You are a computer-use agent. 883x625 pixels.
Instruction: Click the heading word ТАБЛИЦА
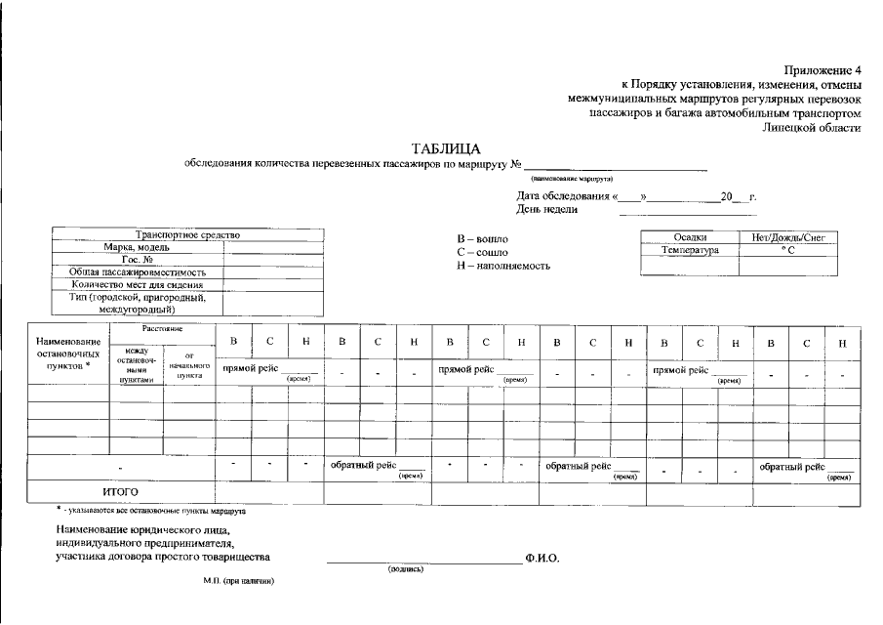coord(446,148)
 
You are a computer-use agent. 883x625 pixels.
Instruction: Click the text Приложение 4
coord(823,70)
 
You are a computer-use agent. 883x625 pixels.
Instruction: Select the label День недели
coord(547,209)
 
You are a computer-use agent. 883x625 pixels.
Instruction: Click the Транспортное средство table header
coord(188,235)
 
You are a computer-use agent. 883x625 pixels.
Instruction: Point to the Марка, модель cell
coord(138,247)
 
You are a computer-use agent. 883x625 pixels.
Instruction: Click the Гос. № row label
coord(138,260)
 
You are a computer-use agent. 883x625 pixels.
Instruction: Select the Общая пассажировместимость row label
coord(138,272)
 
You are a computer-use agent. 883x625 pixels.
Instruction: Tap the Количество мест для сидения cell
coord(138,285)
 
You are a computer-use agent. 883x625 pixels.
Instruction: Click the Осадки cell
coord(690,237)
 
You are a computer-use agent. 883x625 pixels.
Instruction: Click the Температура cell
coord(690,250)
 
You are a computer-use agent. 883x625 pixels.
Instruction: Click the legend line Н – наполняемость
coord(503,266)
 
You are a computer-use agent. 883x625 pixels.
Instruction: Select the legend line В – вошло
coord(482,239)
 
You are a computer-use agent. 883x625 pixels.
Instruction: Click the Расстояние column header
coord(162,329)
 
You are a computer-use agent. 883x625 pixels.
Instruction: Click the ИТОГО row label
coord(121,491)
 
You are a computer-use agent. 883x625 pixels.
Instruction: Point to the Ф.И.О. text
coord(542,559)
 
